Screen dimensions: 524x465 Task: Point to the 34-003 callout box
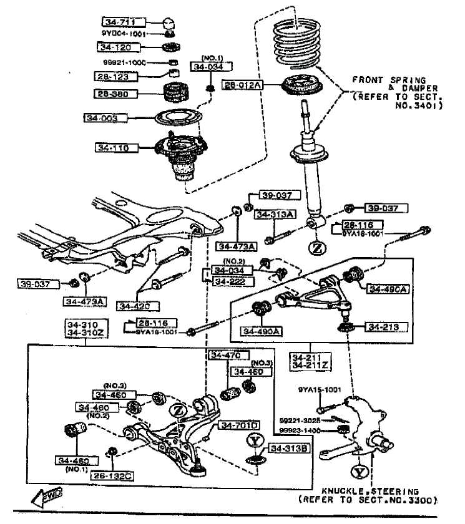[105, 117]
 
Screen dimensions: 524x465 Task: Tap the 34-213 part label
[386, 327]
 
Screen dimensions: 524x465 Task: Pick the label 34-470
[225, 356]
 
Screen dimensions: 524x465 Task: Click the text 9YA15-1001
[320, 390]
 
